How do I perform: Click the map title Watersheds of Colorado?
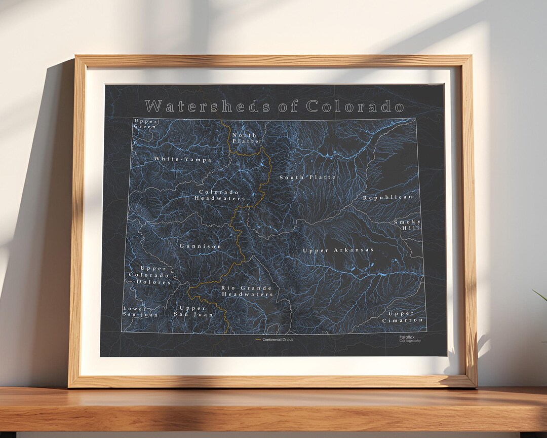tap(274, 106)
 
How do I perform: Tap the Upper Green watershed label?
tap(145, 124)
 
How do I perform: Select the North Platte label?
tap(245, 138)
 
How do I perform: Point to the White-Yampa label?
tap(183, 159)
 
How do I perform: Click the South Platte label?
tap(307, 177)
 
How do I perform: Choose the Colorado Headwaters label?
tap(219, 195)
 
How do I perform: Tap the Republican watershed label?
tap(387, 197)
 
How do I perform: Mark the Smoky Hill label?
tap(408, 225)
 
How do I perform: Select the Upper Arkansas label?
tap(338, 250)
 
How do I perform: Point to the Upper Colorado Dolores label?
tap(149, 275)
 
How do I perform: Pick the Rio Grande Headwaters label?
tap(247, 291)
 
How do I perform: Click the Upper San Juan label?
tap(193, 311)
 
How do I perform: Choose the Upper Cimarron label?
tap(403, 317)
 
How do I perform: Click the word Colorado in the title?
tap(355, 106)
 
